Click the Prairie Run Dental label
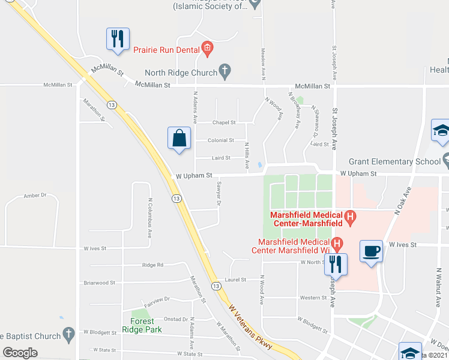[166, 50]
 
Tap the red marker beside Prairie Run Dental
[207, 48]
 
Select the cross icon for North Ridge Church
[224, 71]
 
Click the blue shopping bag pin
[179, 139]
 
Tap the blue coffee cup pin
[371, 251]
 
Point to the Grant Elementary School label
[394, 161]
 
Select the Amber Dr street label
[35, 196]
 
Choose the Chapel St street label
[224, 122]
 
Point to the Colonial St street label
[220, 140]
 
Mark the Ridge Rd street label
[152, 265]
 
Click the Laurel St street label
[235, 280]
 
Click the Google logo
[20, 353]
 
